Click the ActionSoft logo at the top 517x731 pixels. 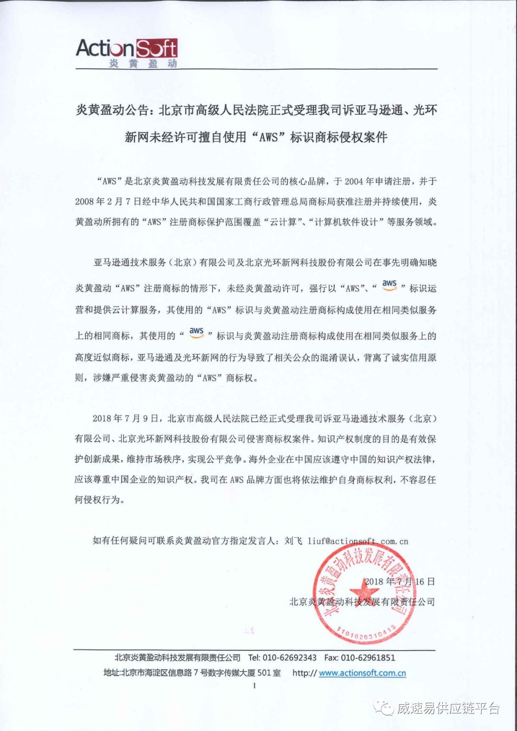pyautogui.click(x=126, y=49)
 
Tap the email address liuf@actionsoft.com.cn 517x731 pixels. pyautogui.click(x=358, y=541)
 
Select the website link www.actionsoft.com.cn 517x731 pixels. pyautogui.click(x=362, y=673)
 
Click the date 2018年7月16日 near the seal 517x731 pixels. pyautogui.click(x=400, y=582)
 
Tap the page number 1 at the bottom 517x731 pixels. pyautogui.click(x=254, y=686)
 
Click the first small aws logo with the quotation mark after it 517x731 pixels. pyautogui.click(x=389, y=284)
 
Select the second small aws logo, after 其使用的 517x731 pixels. pyautogui.click(x=196, y=332)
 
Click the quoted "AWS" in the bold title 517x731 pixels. pyautogui.click(x=268, y=137)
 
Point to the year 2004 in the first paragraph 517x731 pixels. pyautogui.click(x=353, y=181)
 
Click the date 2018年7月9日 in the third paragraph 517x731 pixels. pyautogui.click(x=125, y=418)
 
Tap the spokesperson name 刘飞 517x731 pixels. pyautogui.click(x=293, y=541)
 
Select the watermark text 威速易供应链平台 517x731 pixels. pyautogui.click(x=448, y=708)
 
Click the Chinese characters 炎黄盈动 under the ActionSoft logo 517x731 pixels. pyautogui.click(x=143, y=64)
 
